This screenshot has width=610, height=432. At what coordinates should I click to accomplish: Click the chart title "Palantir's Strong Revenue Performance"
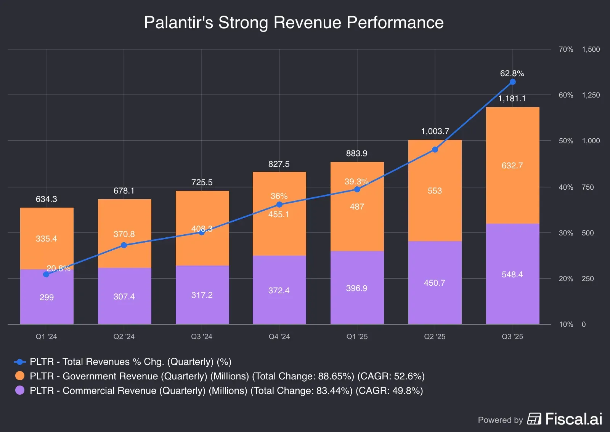pyautogui.click(x=294, y=22)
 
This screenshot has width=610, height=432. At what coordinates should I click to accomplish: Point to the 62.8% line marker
pyautogui.click(x=512, y=82)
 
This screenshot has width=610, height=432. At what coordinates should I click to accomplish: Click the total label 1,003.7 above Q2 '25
pyautogui.click(x=435, y=131)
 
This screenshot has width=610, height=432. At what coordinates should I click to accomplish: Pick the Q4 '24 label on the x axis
pyautogui.click(x=279, y=336)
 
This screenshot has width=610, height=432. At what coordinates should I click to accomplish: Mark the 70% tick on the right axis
pyautogui.click(x=566, y=50)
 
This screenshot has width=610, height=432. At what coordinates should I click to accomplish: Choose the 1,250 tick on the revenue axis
pyautogui.click(x=591, y=95)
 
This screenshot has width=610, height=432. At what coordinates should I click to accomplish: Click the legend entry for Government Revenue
pyautogui.click(x=227, y=376)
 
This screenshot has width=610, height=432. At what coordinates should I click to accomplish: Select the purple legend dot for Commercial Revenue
pyautogui.click(x=20, y=390)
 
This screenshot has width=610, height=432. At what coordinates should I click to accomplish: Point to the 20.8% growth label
pyautogui.click(x=58, y=269)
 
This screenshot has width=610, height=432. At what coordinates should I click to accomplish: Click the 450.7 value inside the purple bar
pyautogui.click(x=435, y=283)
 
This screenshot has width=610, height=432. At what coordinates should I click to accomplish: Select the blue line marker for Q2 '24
pyautogui.click(x=124, y=245)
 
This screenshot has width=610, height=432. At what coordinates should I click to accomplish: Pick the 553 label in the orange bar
pyautogui.click(x=435, y=191)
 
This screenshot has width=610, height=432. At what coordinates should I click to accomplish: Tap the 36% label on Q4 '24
pyautogui.click(x=279, y=196)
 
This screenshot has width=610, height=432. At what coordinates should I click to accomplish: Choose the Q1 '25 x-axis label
pyautogui.click(x=357, y=336)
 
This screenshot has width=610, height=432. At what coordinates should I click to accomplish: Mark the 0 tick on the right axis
pyautogui.click(x=584, y=325)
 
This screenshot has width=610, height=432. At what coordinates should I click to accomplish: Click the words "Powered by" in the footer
pyautogui.click(x=500, y=420)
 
